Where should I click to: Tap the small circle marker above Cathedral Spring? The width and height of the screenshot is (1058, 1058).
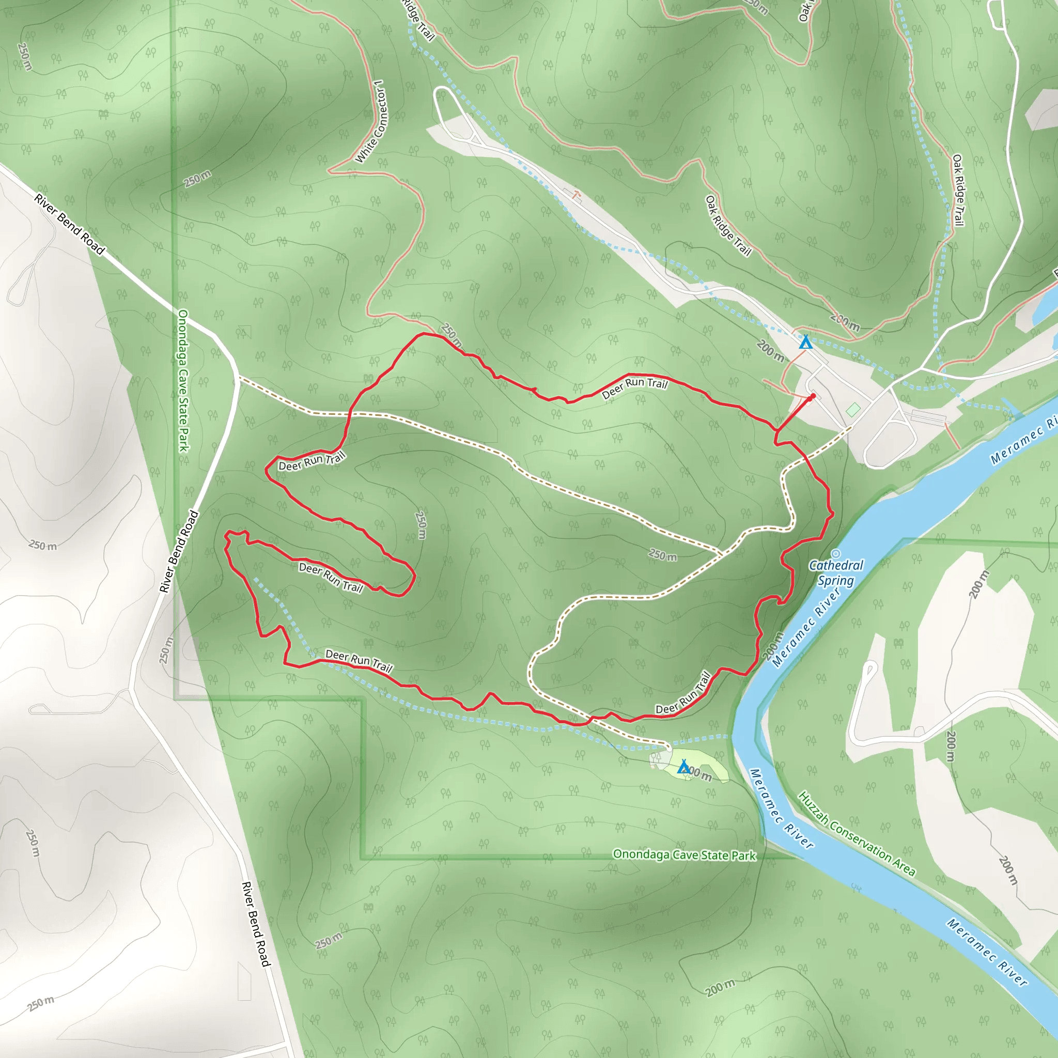coord(836,554)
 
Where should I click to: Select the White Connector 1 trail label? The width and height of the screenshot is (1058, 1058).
coord(370,121)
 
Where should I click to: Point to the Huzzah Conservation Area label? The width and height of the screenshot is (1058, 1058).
coord(857,833)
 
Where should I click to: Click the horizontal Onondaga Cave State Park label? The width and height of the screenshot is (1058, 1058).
coord(684,855)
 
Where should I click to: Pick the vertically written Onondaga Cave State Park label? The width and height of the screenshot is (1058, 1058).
coord(183,381)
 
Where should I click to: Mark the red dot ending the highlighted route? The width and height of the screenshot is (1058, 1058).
coord(813,396)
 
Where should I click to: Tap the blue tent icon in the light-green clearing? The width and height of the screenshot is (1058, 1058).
coord(683,767)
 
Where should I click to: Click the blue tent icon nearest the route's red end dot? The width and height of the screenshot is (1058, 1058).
coord(805,343)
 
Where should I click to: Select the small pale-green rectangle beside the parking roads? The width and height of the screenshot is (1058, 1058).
coord(852,409)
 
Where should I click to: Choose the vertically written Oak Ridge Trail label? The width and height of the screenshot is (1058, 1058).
coord(957,190)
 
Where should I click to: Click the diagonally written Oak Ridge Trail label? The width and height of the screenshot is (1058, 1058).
coord(728,226)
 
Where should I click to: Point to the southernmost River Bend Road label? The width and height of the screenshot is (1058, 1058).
coord(256,924)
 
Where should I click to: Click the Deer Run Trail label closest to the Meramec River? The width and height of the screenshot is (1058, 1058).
coord(683,693)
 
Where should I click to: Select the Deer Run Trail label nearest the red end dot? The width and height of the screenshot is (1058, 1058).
coord(634,388)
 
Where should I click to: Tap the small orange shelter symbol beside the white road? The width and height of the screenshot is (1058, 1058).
coord(575,194)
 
